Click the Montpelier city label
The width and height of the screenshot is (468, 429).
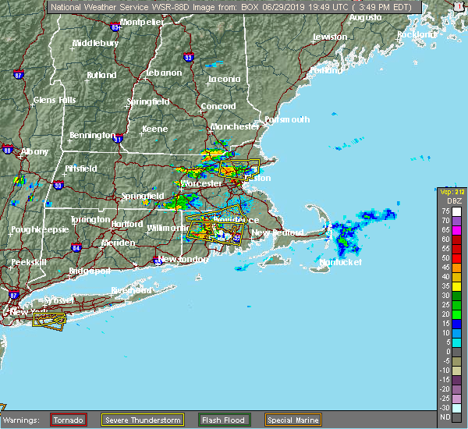(142, 22)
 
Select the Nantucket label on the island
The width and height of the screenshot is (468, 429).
(342, 263)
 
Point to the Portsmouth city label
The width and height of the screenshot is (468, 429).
(287, 119)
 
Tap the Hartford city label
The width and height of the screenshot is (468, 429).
(127, 224)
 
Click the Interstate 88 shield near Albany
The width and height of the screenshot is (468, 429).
(7, 150)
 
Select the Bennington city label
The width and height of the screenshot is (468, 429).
(92, 135)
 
